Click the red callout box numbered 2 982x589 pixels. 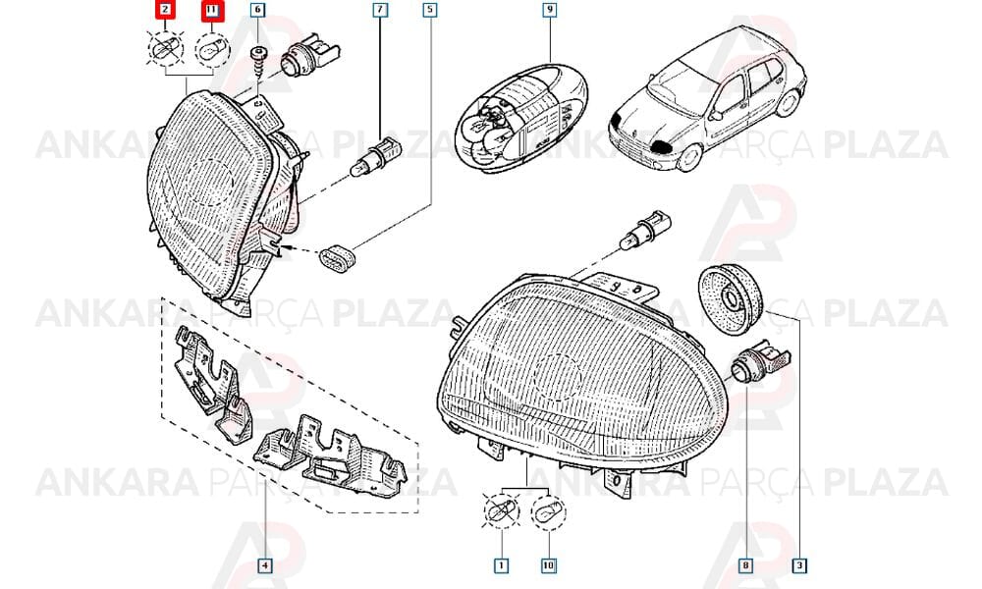tap(165, 10)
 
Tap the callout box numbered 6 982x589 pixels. tap(257, 10)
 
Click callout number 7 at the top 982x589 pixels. tap(380, 10)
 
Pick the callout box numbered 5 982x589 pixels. tap(430, 10)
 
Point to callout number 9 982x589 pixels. tap(549, 10)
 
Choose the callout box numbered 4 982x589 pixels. tap(265, 565)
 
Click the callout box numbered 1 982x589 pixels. tap(501, 565)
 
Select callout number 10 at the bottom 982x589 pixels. tap(548, 565)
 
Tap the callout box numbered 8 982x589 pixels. tap(745, 565)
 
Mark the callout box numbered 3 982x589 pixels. tap(799, 565)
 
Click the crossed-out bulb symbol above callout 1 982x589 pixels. tap(502, 510)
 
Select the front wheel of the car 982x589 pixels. tap(689, 157)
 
